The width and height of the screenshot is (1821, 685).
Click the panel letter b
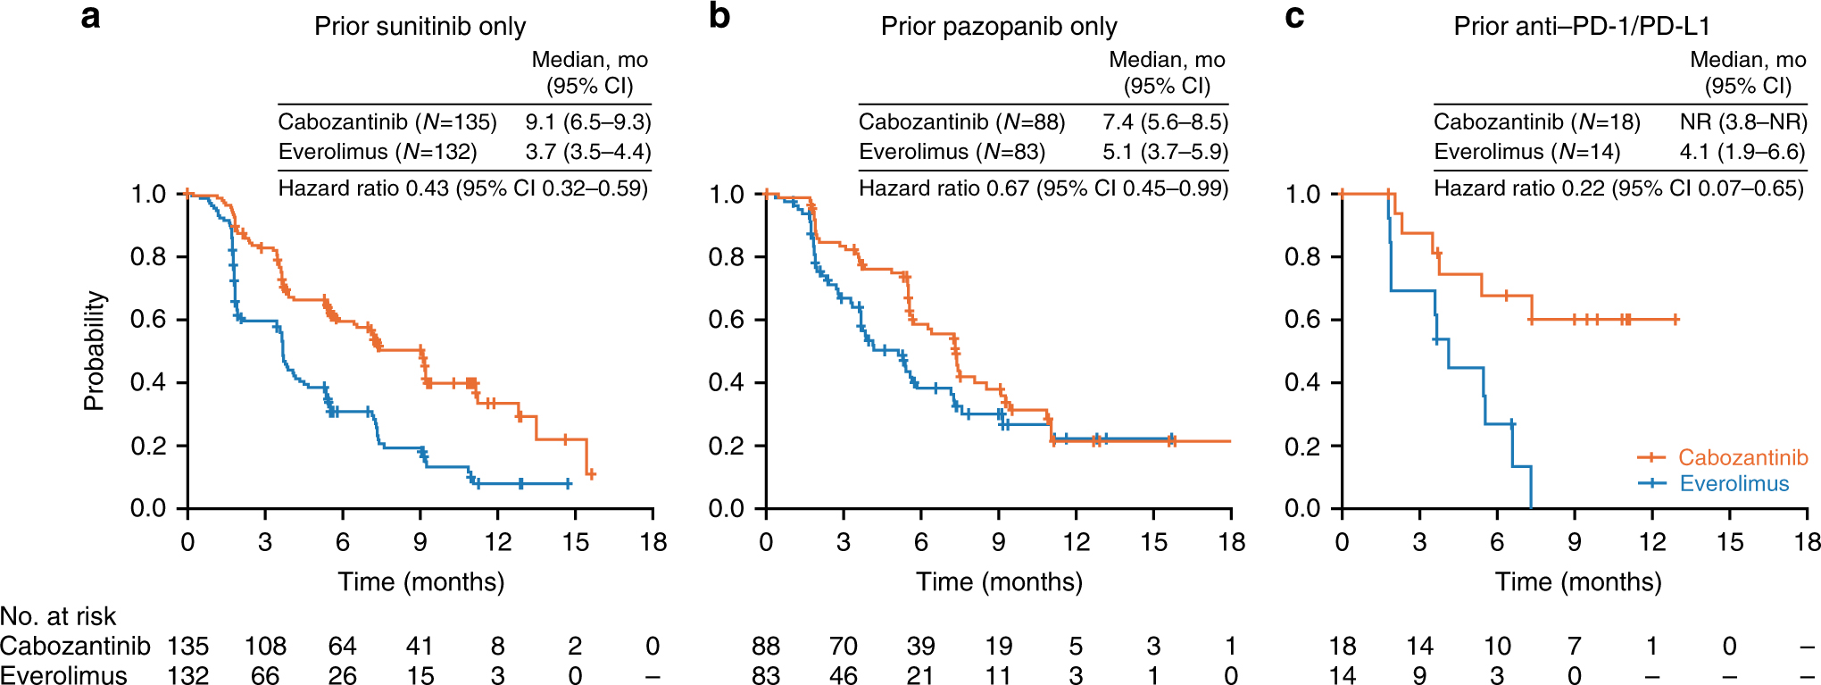tap(719, 17)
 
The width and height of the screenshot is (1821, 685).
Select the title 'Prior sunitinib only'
tap(420, 26)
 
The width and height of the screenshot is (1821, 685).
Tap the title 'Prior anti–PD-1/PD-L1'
tap(1581, 26)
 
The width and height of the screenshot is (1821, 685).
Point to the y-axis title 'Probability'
tap(94, 350)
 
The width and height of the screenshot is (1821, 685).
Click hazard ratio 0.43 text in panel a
tap(462, 188)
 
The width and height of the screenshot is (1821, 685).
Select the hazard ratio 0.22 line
tap(1617, 188)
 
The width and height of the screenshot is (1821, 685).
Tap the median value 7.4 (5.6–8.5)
tap(1165, 122)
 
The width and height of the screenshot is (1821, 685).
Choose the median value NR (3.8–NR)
tap(1742, 122)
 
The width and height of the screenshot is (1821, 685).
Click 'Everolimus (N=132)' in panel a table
tap(378, 152)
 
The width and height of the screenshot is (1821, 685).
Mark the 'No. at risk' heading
tap(58, 616)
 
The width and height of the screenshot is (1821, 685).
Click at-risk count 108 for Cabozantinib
tap(265, 646)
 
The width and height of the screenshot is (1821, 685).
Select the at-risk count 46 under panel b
tap(843, 675)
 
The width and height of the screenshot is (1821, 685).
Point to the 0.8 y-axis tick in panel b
tap(726, 257)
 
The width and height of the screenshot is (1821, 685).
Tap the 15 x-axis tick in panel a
tap(576, 542)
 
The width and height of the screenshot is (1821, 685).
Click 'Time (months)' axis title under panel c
tap(1577, 582)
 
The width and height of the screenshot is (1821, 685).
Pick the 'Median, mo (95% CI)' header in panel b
tap(1166, 72)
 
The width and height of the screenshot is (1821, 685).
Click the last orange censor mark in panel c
tap(1675, 319)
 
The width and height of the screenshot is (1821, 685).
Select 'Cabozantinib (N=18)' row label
tap(1536, 122)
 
